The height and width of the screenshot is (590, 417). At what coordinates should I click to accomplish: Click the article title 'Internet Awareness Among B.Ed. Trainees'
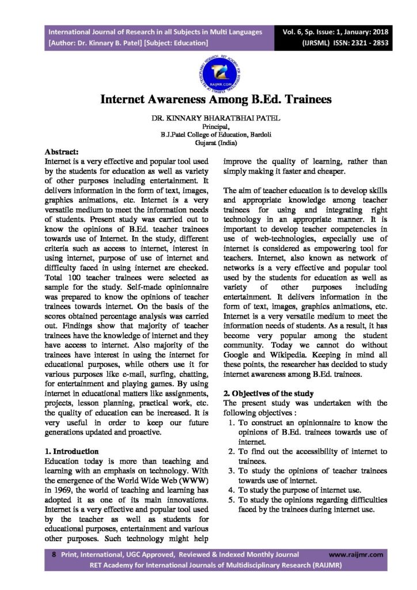(x=216, y=99)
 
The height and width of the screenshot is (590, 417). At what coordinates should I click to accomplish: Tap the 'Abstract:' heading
(x=62, y=151)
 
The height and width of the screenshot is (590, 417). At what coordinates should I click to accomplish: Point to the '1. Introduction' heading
(x=71, y=451)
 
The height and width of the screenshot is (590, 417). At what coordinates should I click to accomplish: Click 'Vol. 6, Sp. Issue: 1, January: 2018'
(x=339, y=32)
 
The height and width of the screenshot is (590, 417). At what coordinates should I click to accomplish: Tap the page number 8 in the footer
(x=53, y=554)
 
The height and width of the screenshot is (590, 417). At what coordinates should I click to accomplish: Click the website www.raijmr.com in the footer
(x=357, y=554)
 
